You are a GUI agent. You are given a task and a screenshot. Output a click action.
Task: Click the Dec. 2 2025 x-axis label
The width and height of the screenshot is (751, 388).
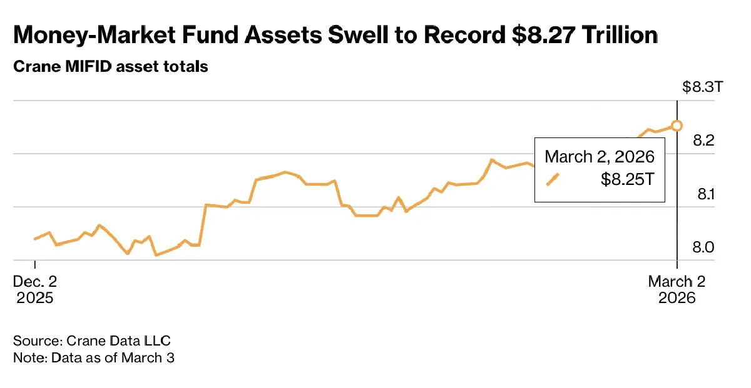(x=35, y=289)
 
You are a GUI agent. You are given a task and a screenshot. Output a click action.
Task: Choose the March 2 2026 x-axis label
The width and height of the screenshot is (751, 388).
(x=677, y=289)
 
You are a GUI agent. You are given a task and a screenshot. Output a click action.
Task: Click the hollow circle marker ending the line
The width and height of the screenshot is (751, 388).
(x=677, y=126)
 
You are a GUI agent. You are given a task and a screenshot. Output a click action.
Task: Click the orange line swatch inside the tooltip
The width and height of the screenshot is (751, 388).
(x=553, y=179)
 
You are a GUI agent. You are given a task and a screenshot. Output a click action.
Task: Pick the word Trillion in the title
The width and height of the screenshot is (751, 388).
(x=620, y=36)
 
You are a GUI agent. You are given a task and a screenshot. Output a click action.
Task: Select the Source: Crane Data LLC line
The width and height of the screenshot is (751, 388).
(x=92, y=341)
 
